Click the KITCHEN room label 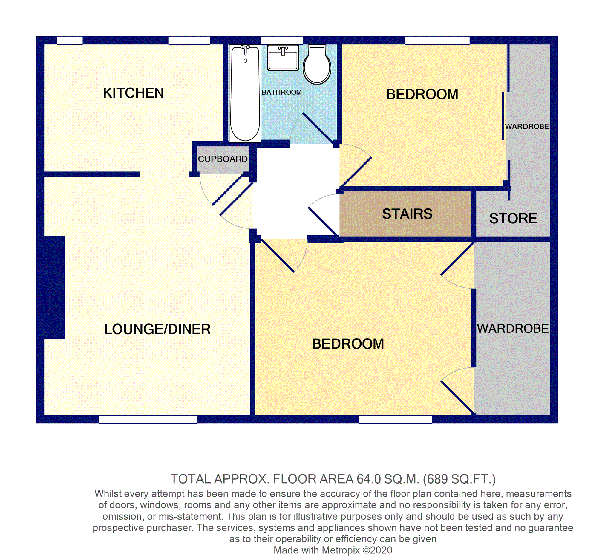133,93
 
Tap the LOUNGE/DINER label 157,329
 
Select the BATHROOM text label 281,92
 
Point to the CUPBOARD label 223,159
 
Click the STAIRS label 407,214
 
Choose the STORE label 513,219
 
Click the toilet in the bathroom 317,64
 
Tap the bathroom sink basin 283,58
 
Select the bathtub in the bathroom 245,93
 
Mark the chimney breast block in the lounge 54,287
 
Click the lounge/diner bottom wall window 148,419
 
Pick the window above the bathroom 281,40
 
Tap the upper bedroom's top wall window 437,40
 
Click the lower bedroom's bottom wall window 395,419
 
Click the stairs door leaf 324,222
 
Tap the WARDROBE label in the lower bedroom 513,329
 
